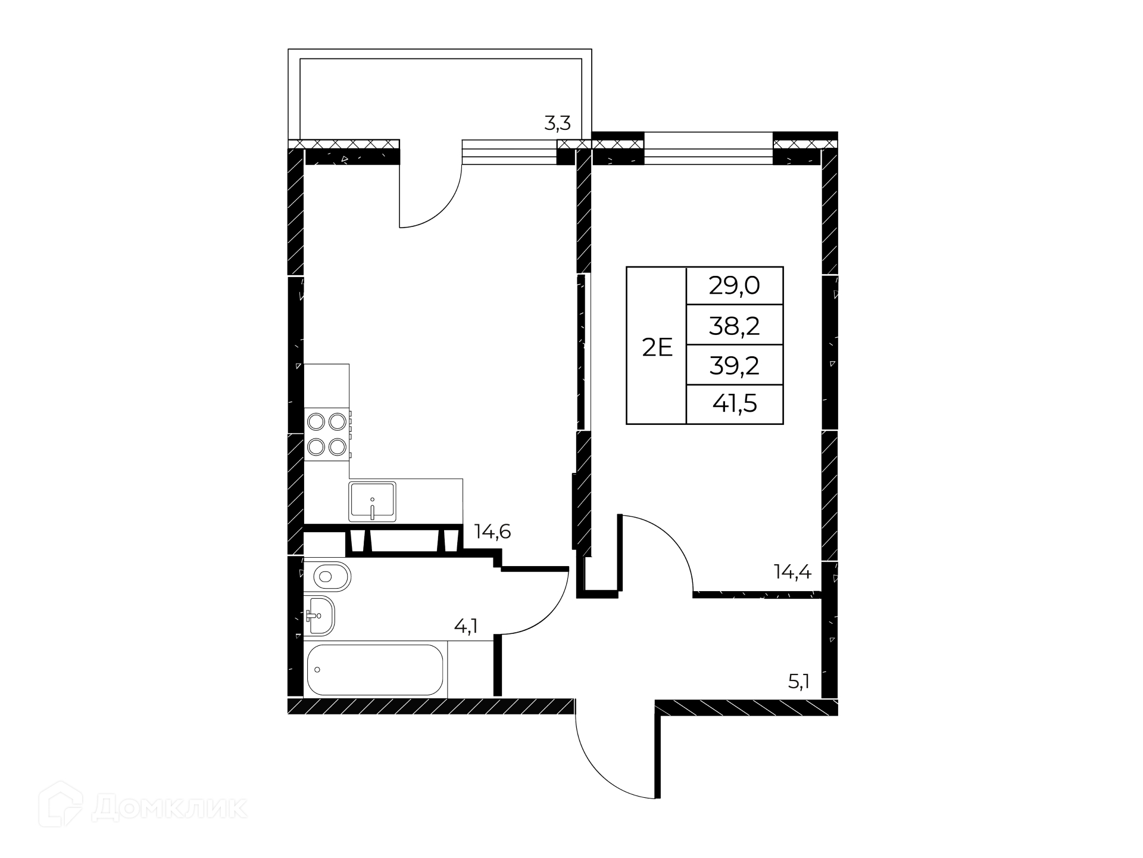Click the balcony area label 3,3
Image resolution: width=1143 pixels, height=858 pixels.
(x=557, y=124)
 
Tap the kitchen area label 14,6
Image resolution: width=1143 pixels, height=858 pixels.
(x=492, y=531)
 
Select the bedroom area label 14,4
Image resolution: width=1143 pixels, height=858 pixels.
(x=792, y=572)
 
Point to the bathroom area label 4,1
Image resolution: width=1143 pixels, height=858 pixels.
(x=466, y=626)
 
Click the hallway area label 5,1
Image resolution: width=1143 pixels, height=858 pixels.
(x=799, y=682)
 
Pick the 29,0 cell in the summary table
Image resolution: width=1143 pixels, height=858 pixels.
(x=734, y=287)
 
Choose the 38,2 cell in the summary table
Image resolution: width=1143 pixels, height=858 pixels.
(x=734, y=325)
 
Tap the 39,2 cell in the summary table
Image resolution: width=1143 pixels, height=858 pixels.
(x=734, y=365)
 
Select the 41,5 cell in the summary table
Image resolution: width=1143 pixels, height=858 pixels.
(x=734, y=404)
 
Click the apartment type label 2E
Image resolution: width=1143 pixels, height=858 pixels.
(x=657, y=347)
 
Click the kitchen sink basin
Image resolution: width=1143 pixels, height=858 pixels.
(x=372, y=502)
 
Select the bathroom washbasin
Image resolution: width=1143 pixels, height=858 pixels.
(x=319, y=615)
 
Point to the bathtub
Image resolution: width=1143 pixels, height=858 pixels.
(x=375, y=670)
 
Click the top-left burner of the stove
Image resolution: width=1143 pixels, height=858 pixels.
(x=316, y=422)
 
